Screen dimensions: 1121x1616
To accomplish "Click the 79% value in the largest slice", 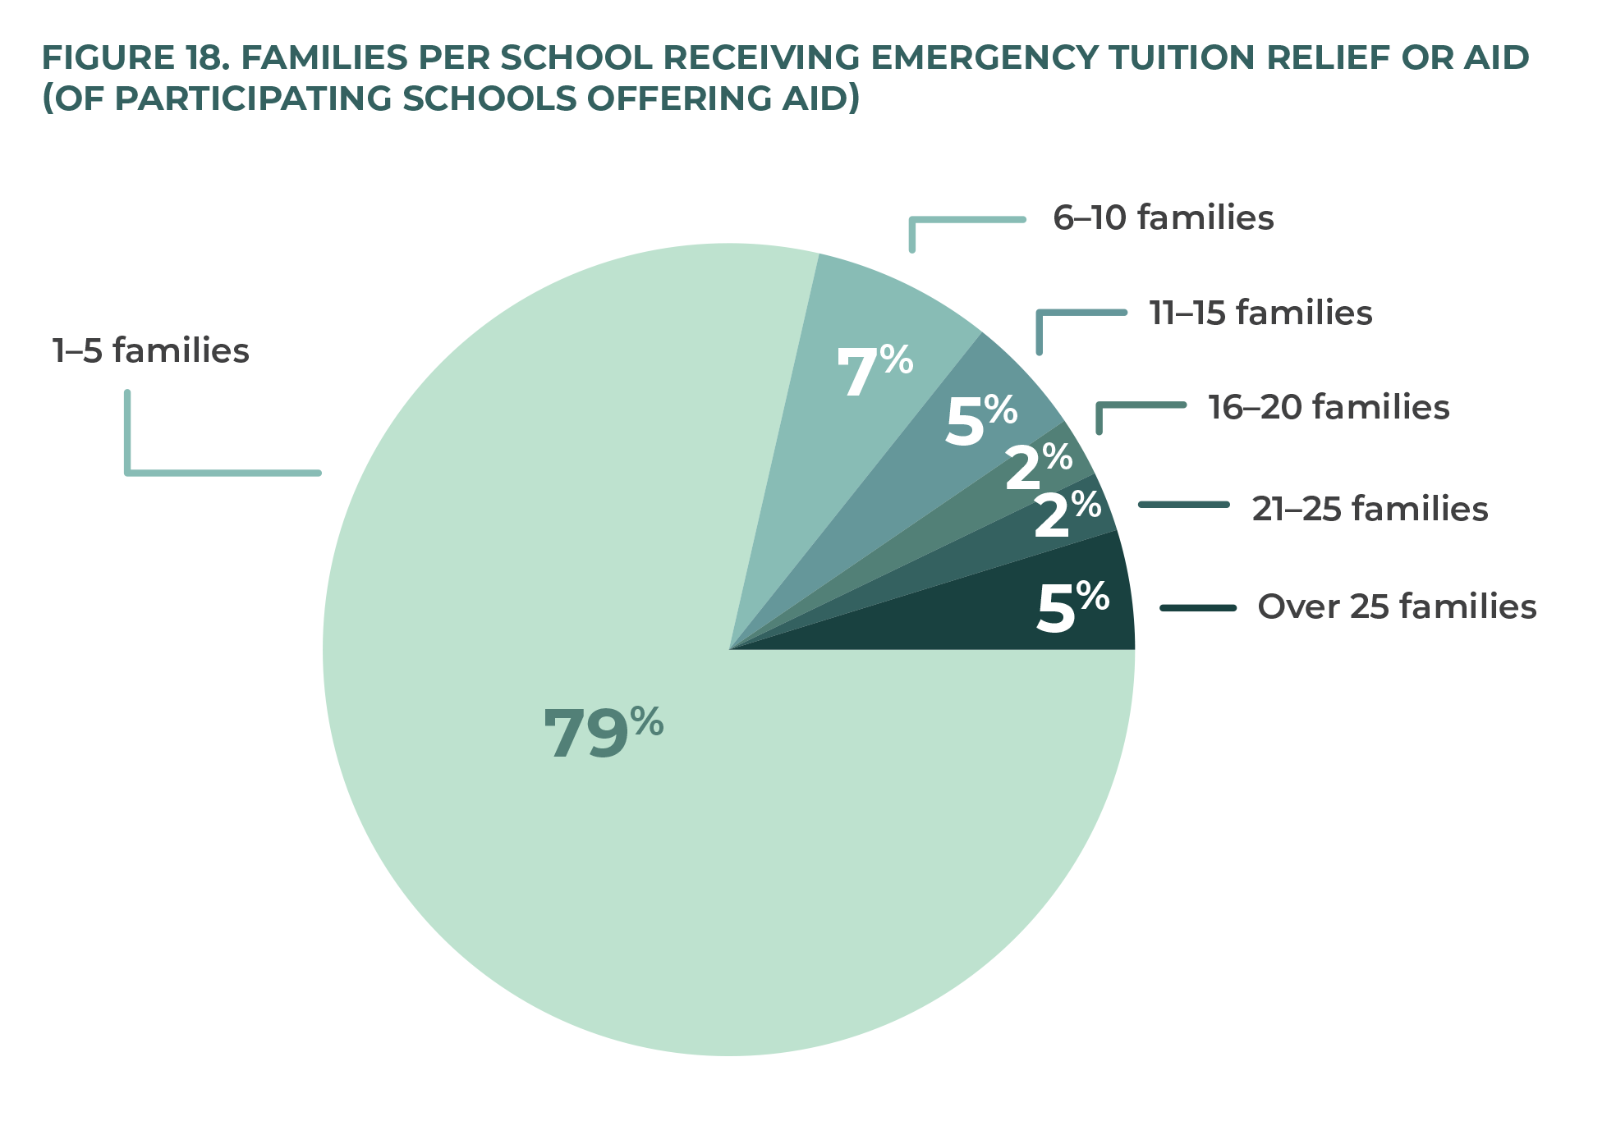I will [603, 733].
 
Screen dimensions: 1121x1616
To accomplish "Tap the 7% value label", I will [874, 371].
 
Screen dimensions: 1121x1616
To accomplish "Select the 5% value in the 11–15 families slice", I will [980, 420].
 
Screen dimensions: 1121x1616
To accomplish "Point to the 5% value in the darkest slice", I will [1072, 607].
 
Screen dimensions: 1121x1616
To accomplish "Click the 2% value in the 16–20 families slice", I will [1038, 468].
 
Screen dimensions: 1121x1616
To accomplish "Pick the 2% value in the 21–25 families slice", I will [1067, 515].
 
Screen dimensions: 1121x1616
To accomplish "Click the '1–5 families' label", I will [150, 351].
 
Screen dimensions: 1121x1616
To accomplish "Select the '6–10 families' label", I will [1163, 218].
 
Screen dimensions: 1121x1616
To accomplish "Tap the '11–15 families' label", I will [1260, 313].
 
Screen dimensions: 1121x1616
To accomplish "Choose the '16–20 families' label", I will [1328, 408].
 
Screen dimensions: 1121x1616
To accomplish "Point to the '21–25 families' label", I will [1369, 510].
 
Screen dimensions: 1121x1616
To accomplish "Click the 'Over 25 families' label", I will [1396, 607].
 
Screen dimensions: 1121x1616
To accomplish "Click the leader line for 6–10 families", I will [967, 220].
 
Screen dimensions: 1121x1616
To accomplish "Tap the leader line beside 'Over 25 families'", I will [1198, 608].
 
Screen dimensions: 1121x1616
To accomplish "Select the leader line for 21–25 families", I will [1183, 505].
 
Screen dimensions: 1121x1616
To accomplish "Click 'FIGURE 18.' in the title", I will [131, 58].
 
